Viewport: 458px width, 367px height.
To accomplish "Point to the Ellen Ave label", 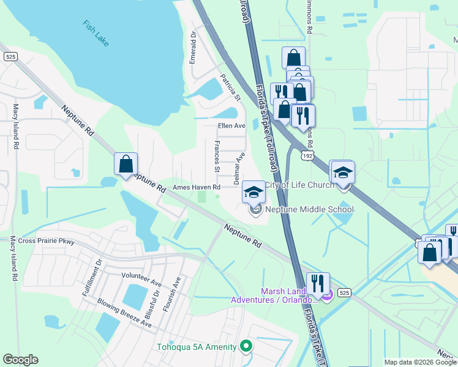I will (231, 126).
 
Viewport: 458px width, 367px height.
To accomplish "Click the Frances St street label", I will (217, 156).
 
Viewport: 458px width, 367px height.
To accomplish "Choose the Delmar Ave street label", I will (239, 169).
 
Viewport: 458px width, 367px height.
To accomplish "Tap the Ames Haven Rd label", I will (197, 187).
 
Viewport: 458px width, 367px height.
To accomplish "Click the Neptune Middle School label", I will (310, 209).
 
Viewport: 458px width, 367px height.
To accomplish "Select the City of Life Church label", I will (299, 185).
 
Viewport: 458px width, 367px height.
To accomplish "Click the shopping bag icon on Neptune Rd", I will (126, 164).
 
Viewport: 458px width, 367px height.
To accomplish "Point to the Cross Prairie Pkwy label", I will (46, 241).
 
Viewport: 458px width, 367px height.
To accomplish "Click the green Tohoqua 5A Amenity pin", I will (246, 347).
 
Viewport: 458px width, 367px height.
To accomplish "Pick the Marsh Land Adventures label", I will (276, 295).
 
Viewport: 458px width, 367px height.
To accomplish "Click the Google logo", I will (21, 360).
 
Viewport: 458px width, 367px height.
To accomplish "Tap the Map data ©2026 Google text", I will (419, 362).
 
